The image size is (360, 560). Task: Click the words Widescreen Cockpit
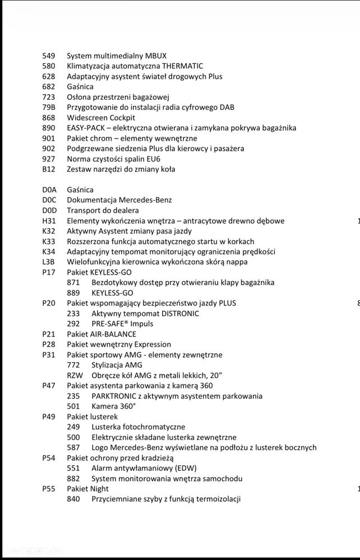click(101, 118)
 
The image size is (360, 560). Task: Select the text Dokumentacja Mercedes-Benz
click(119, 200)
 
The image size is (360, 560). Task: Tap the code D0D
click(49, 210)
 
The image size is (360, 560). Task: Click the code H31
click(49, 221)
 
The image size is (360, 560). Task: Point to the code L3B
click(49, 262)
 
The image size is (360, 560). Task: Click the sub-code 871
click(73, 283)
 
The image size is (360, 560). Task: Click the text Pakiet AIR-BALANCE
click(101, 334)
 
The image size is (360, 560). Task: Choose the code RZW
click(74, 375)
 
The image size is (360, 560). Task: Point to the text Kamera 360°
click(114, 406)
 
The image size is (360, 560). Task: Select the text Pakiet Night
click(87, 488)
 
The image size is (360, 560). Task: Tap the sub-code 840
click(73, 499)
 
